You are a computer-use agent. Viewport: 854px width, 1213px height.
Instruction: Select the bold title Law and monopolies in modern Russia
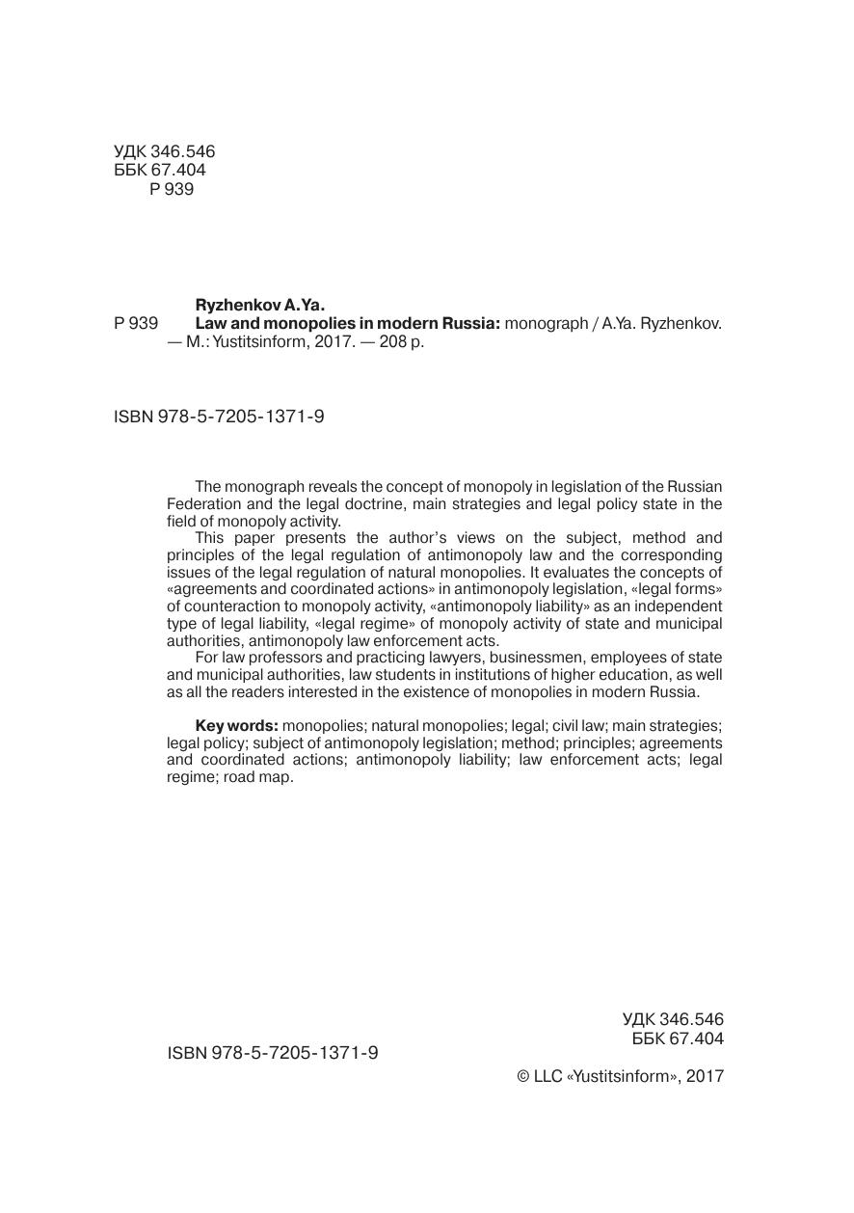coord(347,324)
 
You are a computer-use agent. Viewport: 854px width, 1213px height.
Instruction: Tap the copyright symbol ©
coord(523,1077)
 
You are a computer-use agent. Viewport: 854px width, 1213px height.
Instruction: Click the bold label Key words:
coord(237,725)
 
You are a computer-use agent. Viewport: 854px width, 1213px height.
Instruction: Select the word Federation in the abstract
coord(203,504)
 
